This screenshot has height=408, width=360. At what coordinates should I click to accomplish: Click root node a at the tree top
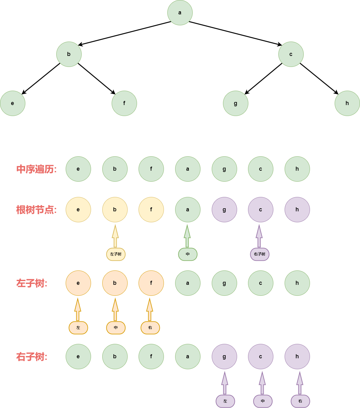pos(180,13)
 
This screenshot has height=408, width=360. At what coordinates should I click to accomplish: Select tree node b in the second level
pos(69,54)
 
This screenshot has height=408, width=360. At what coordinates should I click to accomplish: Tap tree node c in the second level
pos(291,54)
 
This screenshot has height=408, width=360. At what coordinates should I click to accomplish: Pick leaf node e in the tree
pos(13,103)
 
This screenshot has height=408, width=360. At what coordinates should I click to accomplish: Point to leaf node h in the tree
pos(347,103)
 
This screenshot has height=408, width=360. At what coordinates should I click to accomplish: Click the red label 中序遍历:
pos(36,169)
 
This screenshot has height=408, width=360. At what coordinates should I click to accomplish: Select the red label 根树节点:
pos(36,210)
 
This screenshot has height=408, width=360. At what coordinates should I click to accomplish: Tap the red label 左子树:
pos(32,283)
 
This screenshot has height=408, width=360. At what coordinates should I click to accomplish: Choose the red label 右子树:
pos(32,357)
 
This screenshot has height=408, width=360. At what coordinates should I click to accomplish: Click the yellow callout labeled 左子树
pos(116,254)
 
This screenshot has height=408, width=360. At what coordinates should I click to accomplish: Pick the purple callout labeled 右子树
pos(260,254)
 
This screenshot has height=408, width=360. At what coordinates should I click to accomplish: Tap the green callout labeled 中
pos(188,254)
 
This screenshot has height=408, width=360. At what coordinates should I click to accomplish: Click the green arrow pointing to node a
pos(187,236)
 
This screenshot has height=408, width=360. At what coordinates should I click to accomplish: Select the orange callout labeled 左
pos(78,328)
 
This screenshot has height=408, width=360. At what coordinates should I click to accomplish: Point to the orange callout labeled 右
pos(150,328)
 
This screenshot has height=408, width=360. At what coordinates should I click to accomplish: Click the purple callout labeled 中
pos(263,401)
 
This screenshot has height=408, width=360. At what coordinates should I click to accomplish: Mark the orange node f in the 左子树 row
pos(151,283)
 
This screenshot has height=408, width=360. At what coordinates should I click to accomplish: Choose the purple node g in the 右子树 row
pos(224,357)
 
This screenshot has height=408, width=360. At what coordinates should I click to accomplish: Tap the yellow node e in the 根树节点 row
pos(78,210)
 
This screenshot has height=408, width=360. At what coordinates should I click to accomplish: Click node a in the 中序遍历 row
pos(188,169)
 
